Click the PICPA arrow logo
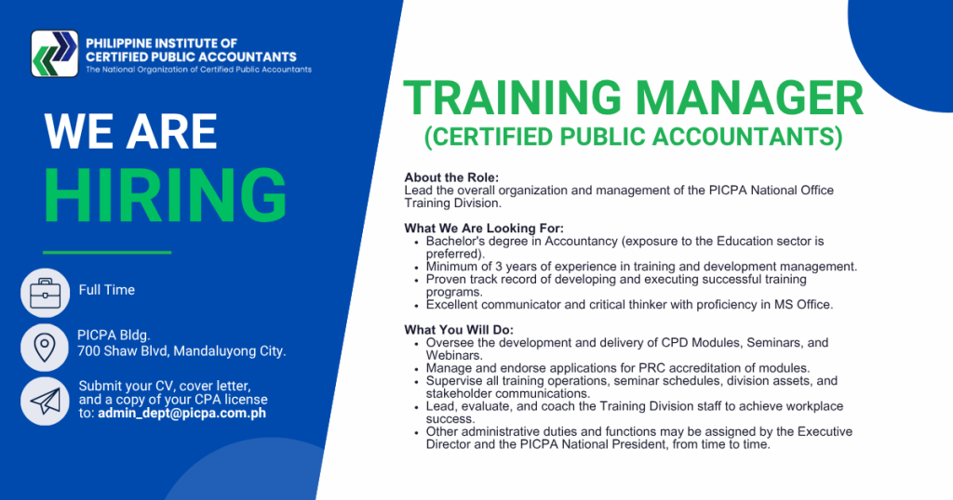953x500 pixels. pyautogui.click(x=55, y=53)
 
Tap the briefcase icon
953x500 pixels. pyautogui.click(x=45, y=293)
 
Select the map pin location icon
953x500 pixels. pyautogui.click(x=45, y=348)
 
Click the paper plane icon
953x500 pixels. pyautogui.click(x=45, y=401)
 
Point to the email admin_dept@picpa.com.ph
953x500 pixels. pyautogui.click(x=181, y=414)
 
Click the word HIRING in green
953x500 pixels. pyautogui.click(x=166, y=195)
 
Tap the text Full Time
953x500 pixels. pyautogui.click(x=106, y=290)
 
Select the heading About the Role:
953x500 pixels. pyautogui.click(x=451, y=178)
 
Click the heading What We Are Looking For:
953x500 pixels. pyautogui.click(x=484, y=229)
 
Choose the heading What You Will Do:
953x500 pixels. pyautogui.click(x=459, y=330)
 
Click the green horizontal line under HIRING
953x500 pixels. pyautogui.click(x=107, y=252)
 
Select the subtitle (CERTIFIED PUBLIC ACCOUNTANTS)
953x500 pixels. pyautogui.click(x=633, y=138)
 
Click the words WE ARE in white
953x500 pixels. pyautogui.click(x=130, y=131)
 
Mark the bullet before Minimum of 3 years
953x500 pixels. pyautogui.click(x=416, y=268)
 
